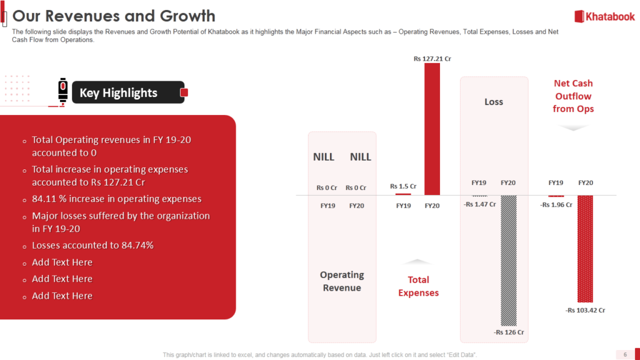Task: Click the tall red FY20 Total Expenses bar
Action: coord(432,129)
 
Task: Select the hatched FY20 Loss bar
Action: coord(509,261)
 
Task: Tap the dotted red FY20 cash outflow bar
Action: coord(585,249)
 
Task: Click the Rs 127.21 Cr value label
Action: coord(432,59)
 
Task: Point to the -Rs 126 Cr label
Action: coord(509,332)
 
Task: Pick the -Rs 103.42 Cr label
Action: coord(585,310)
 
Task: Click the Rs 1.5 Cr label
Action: coord(403,186)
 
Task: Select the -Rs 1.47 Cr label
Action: coord(479,204)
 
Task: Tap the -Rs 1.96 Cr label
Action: coord(556,204)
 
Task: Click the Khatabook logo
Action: coord(604,17)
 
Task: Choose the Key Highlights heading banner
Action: coord(128,92)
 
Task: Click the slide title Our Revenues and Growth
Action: coord(114,16)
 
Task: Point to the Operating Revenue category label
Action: coord(342,281)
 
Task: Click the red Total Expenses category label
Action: coord(418,286)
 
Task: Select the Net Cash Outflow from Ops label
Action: coord(573,96)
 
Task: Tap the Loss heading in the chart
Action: coord(494,102)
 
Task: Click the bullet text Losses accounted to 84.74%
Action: coord(92,245)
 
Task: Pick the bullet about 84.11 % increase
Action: coord(117,199)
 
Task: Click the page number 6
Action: coord(625,354)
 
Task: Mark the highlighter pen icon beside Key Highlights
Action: coord(62,91)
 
